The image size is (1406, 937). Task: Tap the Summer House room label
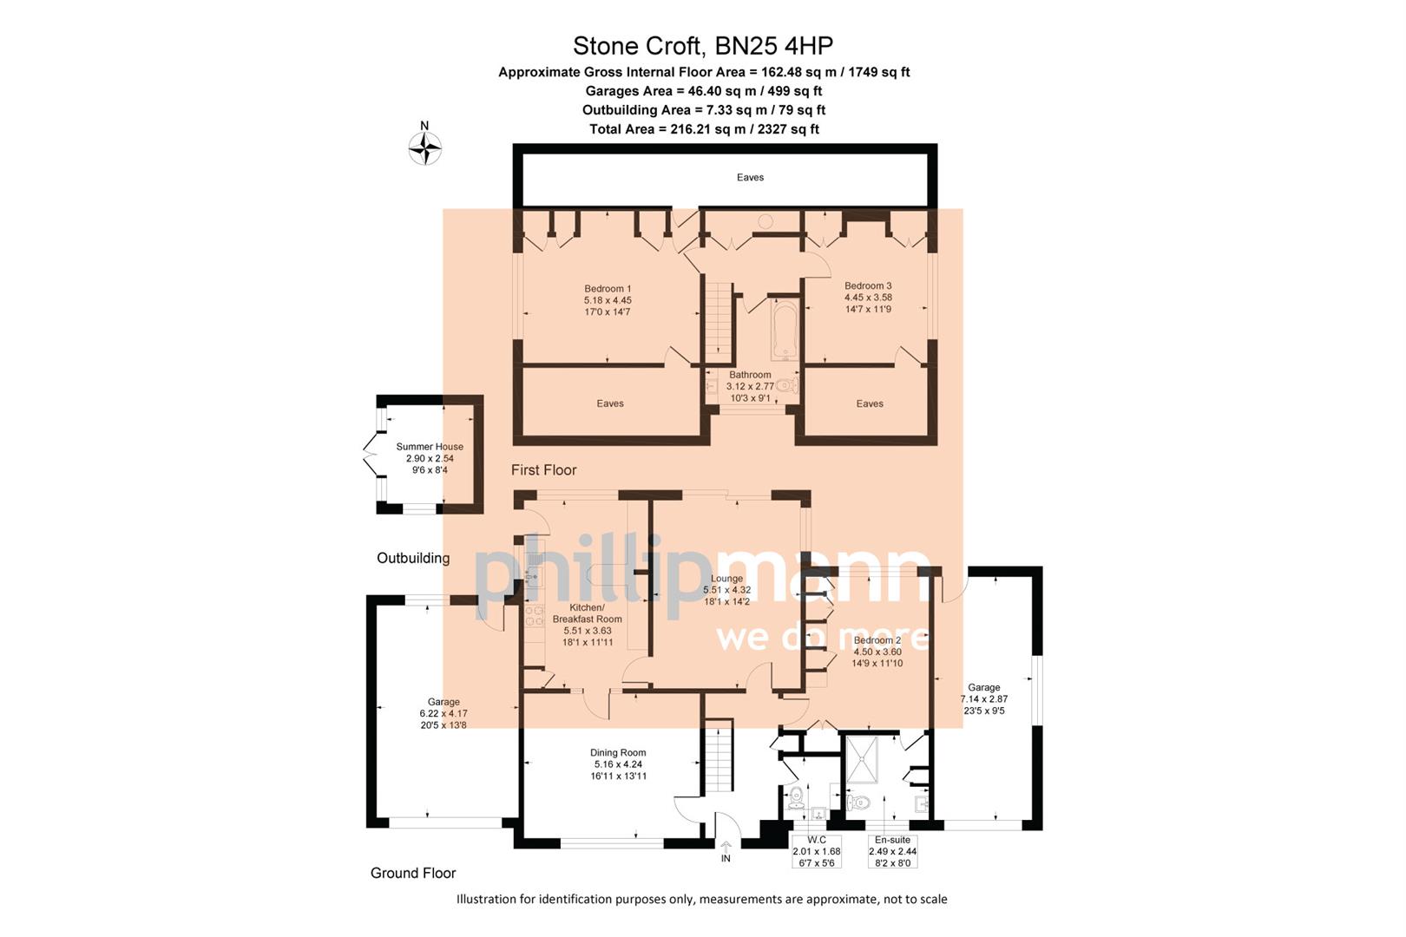click(430, 458)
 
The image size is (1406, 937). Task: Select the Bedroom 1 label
click(608, 300)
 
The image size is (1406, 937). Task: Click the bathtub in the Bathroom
click(785, 331)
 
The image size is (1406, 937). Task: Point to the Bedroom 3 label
click(868, 297)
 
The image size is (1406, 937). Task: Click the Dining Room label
click(618, 764)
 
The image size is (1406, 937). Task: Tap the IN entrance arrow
click(726, 850)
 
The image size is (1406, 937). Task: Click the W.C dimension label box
click(816, 851)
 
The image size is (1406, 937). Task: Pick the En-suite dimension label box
click(892, 851)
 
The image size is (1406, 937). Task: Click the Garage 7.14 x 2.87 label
click(983, 698)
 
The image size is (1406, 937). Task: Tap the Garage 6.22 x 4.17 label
click(443, 713)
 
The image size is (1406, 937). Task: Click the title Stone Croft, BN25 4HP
click(703, 45)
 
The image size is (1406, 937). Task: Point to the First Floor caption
click(543, 469)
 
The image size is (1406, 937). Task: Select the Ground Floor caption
click(413, 873)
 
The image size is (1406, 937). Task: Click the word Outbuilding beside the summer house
click(413, 558)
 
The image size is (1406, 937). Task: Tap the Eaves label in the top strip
click(750, 177)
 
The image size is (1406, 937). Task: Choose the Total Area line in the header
click(704, 129)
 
